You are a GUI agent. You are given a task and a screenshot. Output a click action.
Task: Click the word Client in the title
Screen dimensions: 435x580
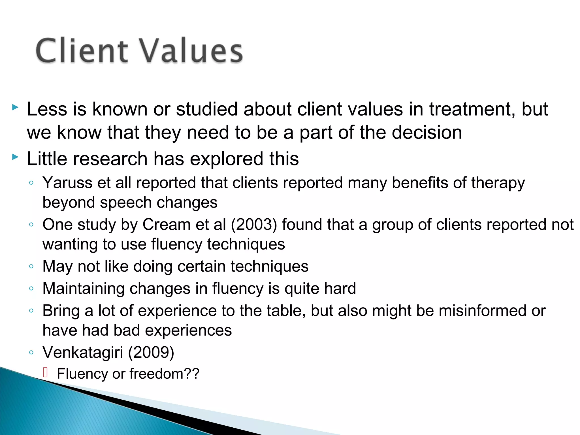pos(82,51)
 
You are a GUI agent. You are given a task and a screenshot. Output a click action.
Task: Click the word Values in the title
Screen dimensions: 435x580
pos(191,51)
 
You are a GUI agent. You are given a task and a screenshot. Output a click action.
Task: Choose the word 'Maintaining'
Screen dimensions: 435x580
pos(83,289)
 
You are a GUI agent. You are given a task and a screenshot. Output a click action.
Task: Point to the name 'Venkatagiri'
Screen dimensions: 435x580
pos(83,353)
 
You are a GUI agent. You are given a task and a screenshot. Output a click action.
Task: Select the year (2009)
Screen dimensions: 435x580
pos(151,353)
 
